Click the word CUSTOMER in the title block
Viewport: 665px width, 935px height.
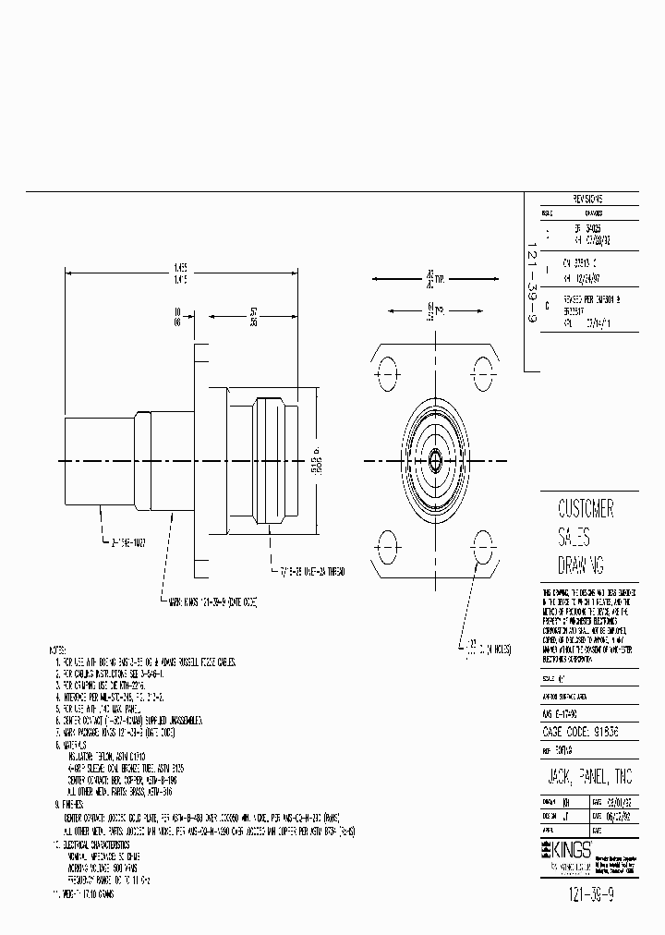pos(586,509)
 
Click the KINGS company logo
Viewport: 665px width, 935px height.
pos(564,847)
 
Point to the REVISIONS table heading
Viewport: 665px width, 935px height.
pos(587,199)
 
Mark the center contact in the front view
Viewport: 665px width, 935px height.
pos(434,459)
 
